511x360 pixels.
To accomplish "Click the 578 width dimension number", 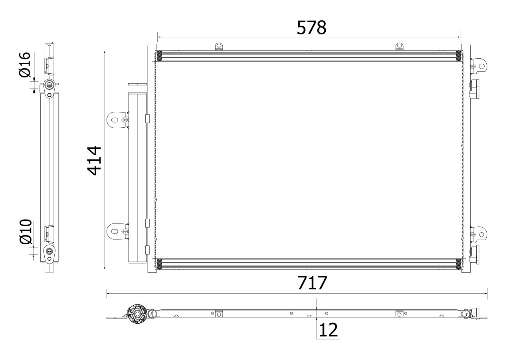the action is coord(311,28).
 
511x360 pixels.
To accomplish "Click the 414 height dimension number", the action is coord(94,160).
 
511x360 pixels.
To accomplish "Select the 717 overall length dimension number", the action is coord(312,283).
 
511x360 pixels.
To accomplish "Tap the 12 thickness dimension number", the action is coord(328,330).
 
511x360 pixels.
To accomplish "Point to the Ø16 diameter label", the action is coord(25,65).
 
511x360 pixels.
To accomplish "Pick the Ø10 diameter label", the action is coord(26,231).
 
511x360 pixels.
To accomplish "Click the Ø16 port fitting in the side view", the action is coord(49,85).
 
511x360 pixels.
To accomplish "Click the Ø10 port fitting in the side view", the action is coord(49,251).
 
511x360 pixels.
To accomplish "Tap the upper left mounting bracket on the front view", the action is coord(117,120).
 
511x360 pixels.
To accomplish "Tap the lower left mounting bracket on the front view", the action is coord(117,231).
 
